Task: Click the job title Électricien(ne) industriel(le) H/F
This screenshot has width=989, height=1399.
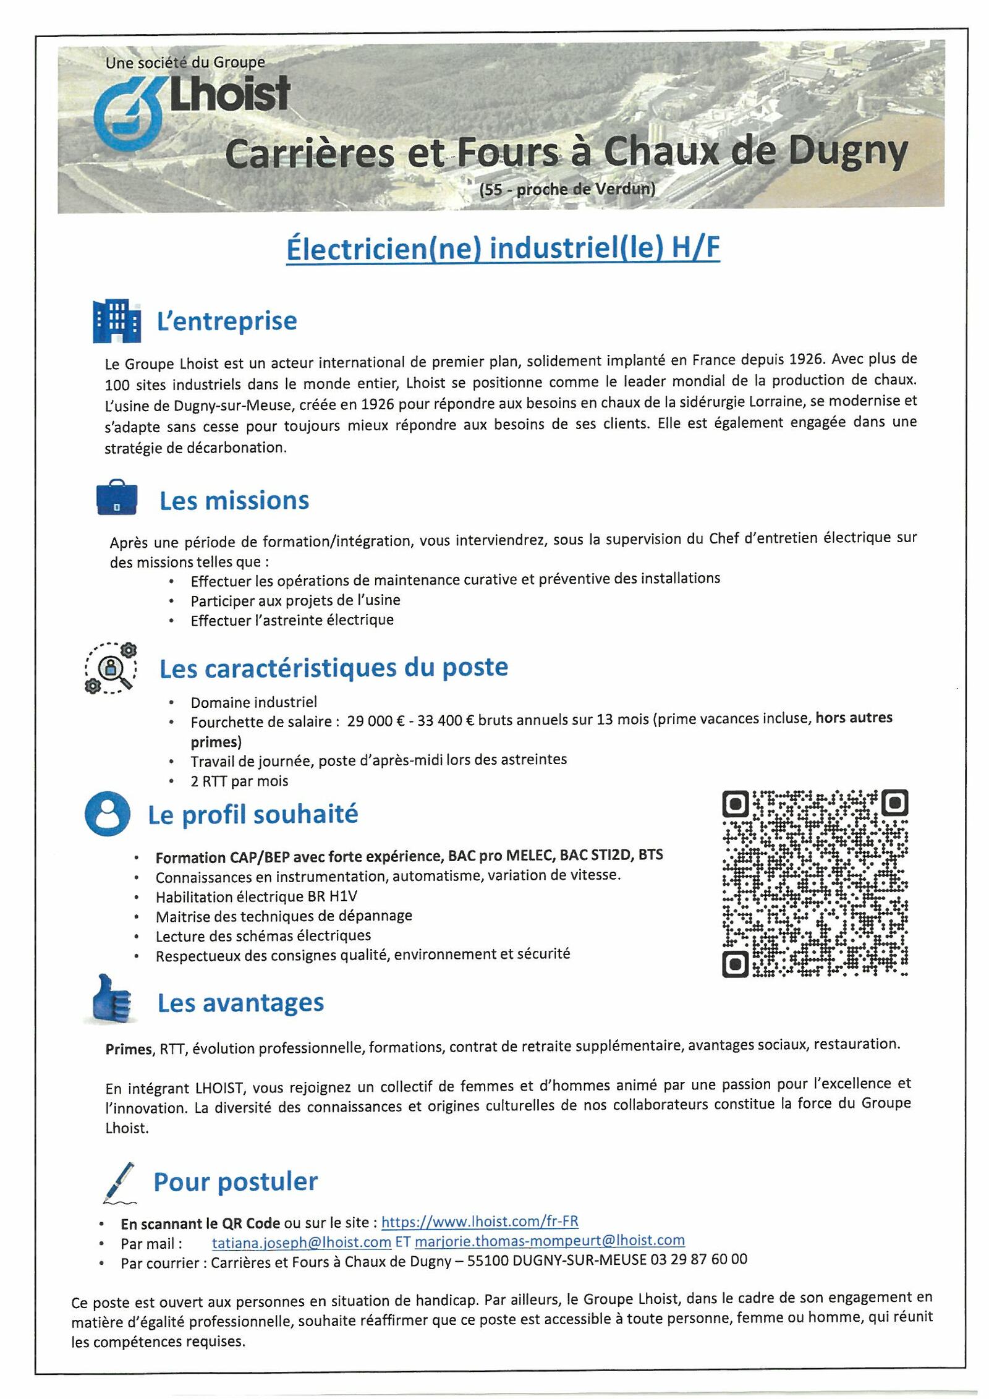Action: point(503,249)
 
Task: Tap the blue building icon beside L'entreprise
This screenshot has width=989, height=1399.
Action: point(116,321)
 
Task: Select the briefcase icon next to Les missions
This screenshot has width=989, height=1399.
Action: point(117,498)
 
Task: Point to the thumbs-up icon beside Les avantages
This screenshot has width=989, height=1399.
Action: point(112,1000)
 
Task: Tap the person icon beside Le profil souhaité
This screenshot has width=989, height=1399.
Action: point(108,814)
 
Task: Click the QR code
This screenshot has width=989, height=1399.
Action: point(815,883)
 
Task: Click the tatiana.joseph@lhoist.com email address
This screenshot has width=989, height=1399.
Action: point(301,1241)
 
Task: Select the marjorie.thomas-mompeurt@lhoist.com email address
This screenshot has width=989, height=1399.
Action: point(550,1241)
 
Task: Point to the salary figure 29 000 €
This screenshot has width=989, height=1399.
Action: point(376,721)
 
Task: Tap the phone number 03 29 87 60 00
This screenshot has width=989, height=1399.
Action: point(698,1259)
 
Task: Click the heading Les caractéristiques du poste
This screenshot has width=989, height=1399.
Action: point(334,668)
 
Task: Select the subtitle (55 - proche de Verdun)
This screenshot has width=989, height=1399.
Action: point(567,189)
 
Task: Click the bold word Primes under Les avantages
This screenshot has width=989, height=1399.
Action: point(129,1049)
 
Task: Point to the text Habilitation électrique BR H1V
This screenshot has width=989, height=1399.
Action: point(257,896)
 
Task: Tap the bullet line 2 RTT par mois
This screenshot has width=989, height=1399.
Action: point(239,781)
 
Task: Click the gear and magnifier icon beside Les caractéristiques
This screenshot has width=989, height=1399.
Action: point(111,668)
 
